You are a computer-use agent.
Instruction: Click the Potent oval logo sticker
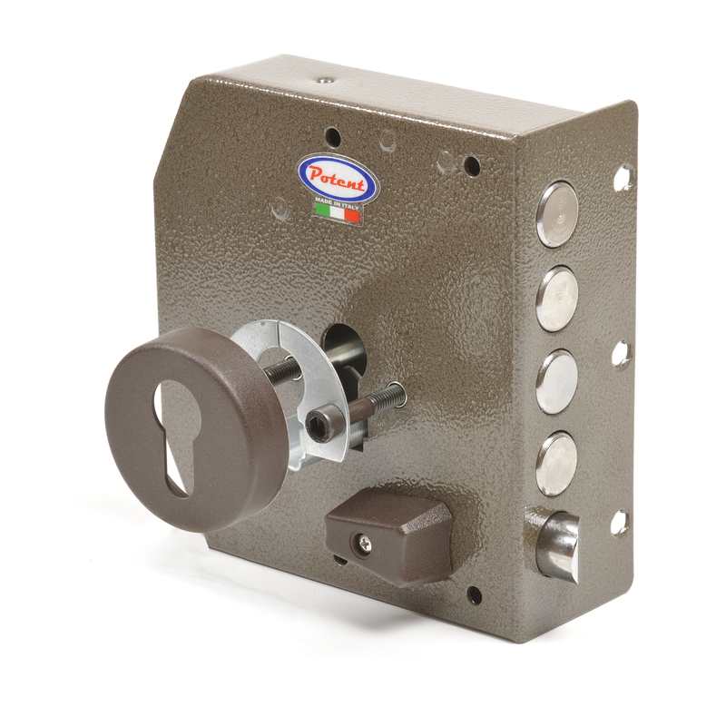[x=336, y=180]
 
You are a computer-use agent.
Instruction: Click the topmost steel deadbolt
[x=557, y=213]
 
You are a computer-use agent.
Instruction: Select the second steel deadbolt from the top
[x=557, y=299]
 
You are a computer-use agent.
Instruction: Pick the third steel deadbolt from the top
[x=557, y=382]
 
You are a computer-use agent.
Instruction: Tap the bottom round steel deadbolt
[x=557, y=464]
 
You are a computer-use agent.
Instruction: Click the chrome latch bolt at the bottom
[x=559, y=544]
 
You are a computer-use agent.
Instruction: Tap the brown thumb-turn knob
[x=388, y=536]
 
